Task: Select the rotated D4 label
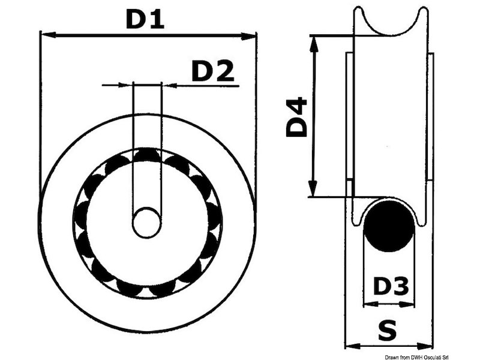[x=296, y=118]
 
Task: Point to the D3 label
[x=391, y=287]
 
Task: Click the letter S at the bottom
[x=391, y=329]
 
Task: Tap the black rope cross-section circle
[x=390, y=226]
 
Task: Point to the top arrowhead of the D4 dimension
[x=313, y=40]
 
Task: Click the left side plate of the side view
[x=349, y=117]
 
